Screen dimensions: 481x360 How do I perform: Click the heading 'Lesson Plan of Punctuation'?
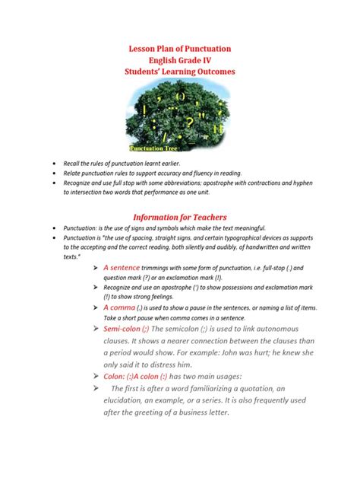point(180,49)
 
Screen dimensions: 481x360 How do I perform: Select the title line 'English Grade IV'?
point(180,60)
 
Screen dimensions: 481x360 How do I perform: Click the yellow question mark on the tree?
point(189,121)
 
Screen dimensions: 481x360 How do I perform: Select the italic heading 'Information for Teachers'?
point(180,216)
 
